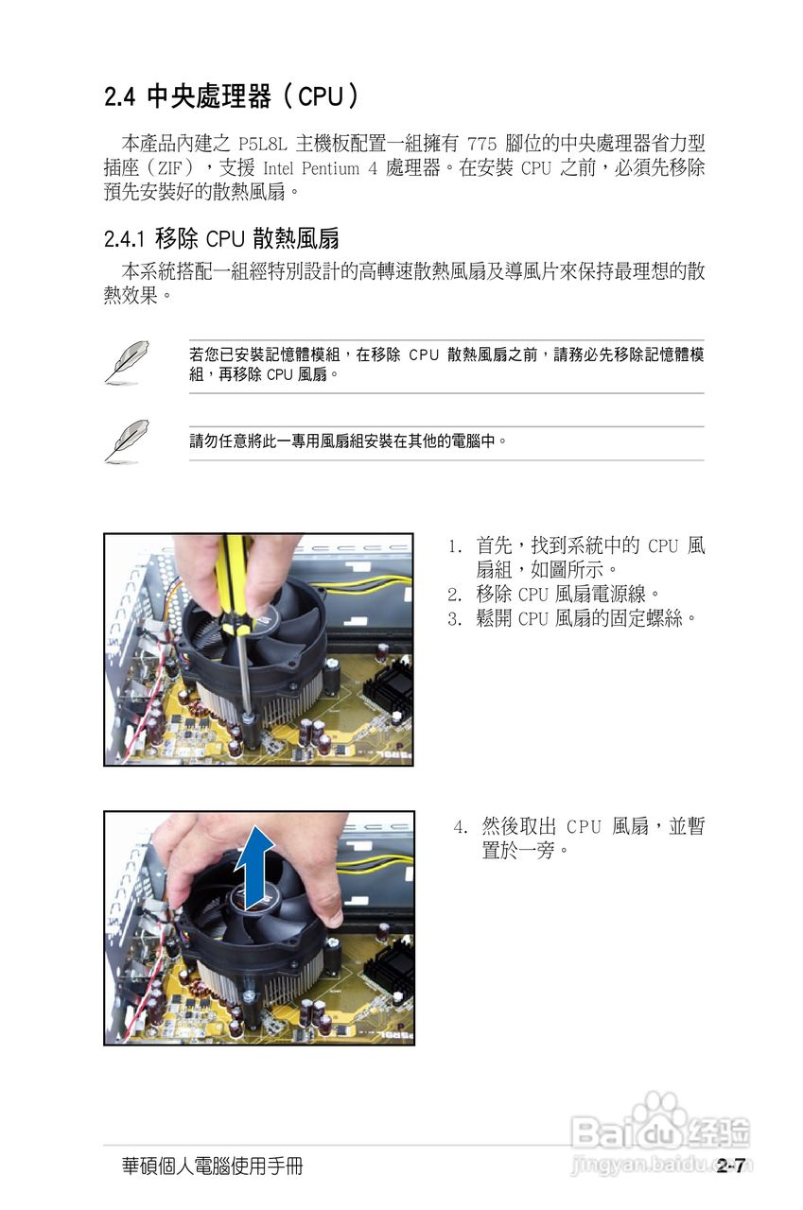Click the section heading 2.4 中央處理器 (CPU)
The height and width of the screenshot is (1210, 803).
pos(232,96)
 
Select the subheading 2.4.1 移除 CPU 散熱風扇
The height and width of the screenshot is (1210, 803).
pos(221,237)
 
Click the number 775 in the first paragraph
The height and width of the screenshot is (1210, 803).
pos(484,145)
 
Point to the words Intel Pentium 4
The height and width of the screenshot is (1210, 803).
pos(319,169)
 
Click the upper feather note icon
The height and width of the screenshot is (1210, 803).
pos(126,362)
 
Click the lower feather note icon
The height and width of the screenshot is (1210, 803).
pos(126,441)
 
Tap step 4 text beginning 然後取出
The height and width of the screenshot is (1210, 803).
pos(591,838)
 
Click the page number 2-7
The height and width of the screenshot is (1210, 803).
pos(731,1166)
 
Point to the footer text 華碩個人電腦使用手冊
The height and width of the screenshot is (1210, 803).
pos(212,1167)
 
